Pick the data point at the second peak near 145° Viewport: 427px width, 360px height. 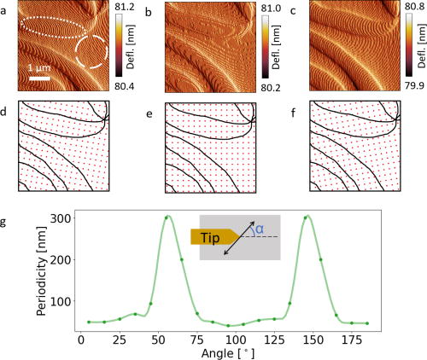[x=306, y=218]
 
